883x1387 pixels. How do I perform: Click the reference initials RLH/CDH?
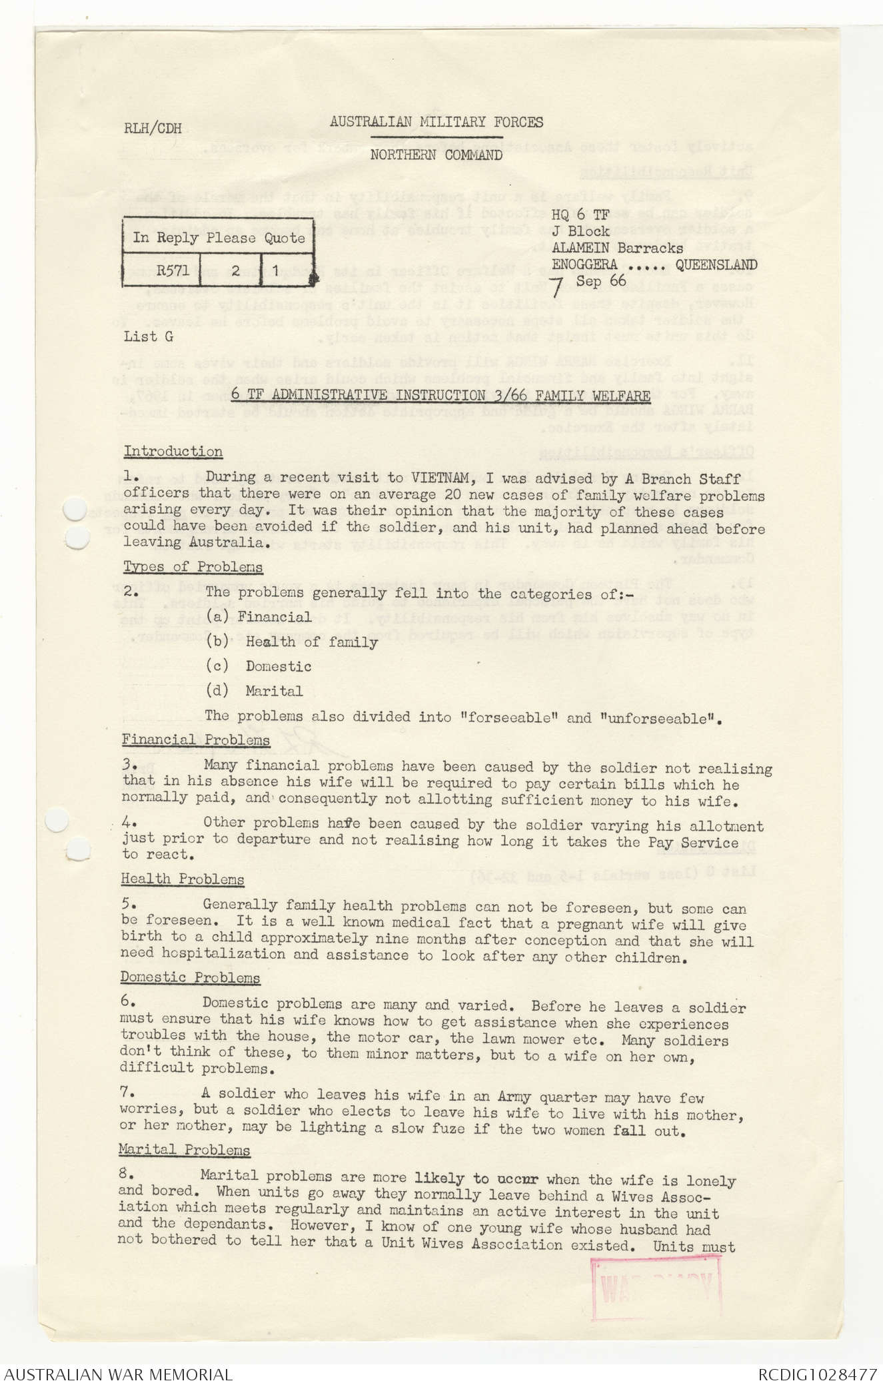pos(153,129)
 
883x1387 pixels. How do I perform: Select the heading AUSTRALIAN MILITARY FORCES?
pos(436,123)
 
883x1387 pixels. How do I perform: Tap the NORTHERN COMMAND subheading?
pos(436,155)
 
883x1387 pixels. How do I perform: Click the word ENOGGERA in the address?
pos(584,264)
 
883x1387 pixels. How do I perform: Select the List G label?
pos(148,336)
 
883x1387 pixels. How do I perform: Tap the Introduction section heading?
pos(173,452)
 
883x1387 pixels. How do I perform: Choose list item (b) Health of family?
pos(292,642)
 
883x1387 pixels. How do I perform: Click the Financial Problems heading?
pos(196,740)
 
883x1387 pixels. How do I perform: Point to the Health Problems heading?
pos(183,879)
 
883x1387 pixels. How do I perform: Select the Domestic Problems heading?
pos(191,978)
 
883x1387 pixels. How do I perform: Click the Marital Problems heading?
pos(185,1150)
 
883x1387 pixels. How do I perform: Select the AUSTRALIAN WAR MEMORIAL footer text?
pos(118,1374)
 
